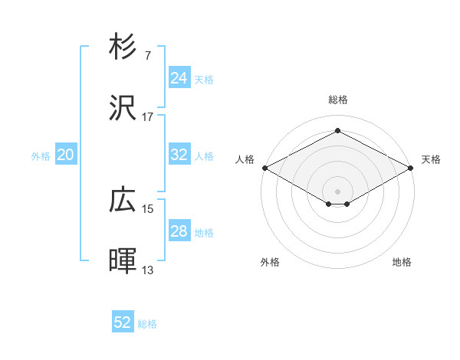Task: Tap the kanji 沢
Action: click(123, 109)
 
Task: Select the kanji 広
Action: click(123, 201)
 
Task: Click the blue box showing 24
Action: click(179, 78)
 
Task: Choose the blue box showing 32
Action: click(179, 155)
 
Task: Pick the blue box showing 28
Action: click(179, 231)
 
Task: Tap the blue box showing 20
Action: click(65, 155)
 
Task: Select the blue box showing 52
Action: click(123, 322)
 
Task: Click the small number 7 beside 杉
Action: click(147, 55)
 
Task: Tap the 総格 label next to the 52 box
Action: click(147, 324)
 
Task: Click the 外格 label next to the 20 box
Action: click(41, 155)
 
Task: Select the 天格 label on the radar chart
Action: click(431, 159)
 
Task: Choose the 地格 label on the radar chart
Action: click(402, 263)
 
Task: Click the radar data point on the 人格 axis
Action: click(264, 168)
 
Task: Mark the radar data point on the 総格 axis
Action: click(337, 131)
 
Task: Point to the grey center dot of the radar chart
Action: click(337, 190)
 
